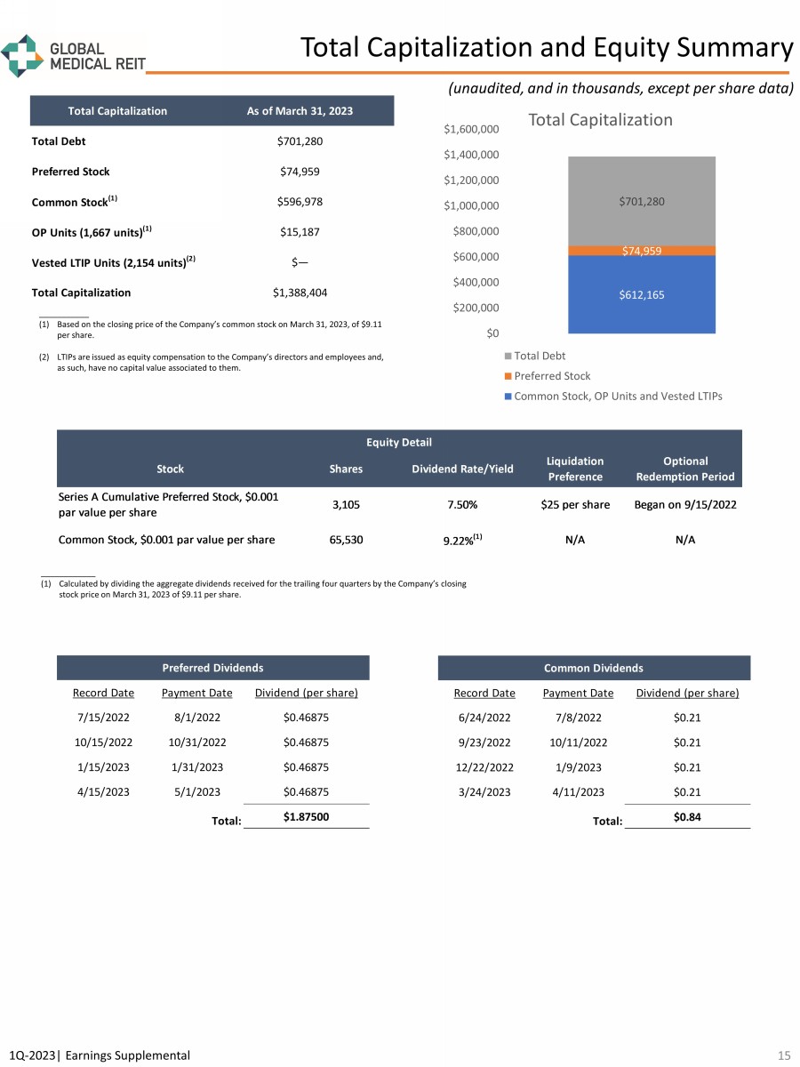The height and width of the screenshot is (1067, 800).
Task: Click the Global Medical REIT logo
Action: pyautogui.click(x=73, y=55)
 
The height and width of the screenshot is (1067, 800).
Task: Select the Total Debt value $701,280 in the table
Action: pyautogui.click(x=300, y=140)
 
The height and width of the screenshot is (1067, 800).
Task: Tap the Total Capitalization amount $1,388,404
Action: pyautogui.click(x=300, y=292)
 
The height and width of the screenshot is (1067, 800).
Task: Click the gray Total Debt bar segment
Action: pyautogui.click(x=641, y=202)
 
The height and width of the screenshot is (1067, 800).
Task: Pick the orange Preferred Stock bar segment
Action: pyautogui.click(x=641, y=251)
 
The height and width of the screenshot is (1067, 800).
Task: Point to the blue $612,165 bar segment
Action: pyautogui.click(x=641, y=294)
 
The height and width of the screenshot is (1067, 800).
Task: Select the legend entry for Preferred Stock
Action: pyautogui.click(x=551, y=376)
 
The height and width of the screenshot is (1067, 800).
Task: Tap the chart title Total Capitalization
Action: pyautogui.click(x=600, y=119)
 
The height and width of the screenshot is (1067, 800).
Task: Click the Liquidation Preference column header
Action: pyautogui.click(x=575, y=469)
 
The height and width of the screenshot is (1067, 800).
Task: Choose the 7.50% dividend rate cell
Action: pyautogui.click(x=462, y=504)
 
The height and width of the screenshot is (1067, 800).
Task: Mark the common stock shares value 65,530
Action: pyautogui.click(x=345, y=539)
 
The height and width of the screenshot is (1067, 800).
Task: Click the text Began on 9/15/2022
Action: pyautogui.click(x=685, y=504)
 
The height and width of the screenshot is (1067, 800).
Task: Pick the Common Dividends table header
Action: pyautogui.click(x=594, y=668)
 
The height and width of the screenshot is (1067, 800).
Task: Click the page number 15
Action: pyautogui.click(x=783, y=1055)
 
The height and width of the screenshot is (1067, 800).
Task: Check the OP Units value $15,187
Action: pyautogui.click(x=300, y=231)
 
